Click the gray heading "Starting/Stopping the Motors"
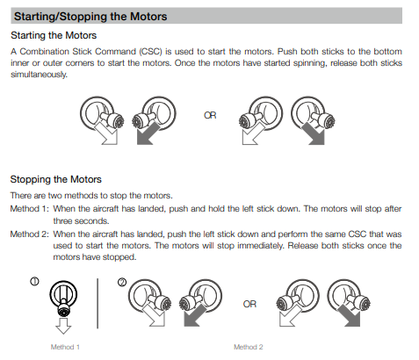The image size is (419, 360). pos(90,17)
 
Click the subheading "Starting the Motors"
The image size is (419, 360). pos(54,35)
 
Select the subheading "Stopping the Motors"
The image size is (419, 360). pos(55,179)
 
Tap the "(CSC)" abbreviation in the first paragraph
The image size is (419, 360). pos(151,52)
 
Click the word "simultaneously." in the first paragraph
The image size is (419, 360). pos(39,75)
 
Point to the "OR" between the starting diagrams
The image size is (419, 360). pos(210,115)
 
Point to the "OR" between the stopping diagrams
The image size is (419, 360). pos(249,304)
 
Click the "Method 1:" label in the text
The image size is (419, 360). pos(29,209)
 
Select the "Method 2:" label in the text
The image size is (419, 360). pos(29,234)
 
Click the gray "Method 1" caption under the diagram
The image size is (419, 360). pos(65,347)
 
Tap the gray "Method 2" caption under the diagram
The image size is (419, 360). pos(249,347)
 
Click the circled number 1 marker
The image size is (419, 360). pos(34,282)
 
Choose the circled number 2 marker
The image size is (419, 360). pos(122,283)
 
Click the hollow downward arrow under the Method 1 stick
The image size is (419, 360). pos(63,326)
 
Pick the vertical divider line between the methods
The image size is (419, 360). pos(98,304)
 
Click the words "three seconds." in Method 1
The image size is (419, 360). pos(81,221)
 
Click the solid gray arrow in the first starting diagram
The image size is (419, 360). pos(147,134)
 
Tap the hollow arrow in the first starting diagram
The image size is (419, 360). pos(106,134)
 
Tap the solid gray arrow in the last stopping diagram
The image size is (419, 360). pos(350,316)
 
